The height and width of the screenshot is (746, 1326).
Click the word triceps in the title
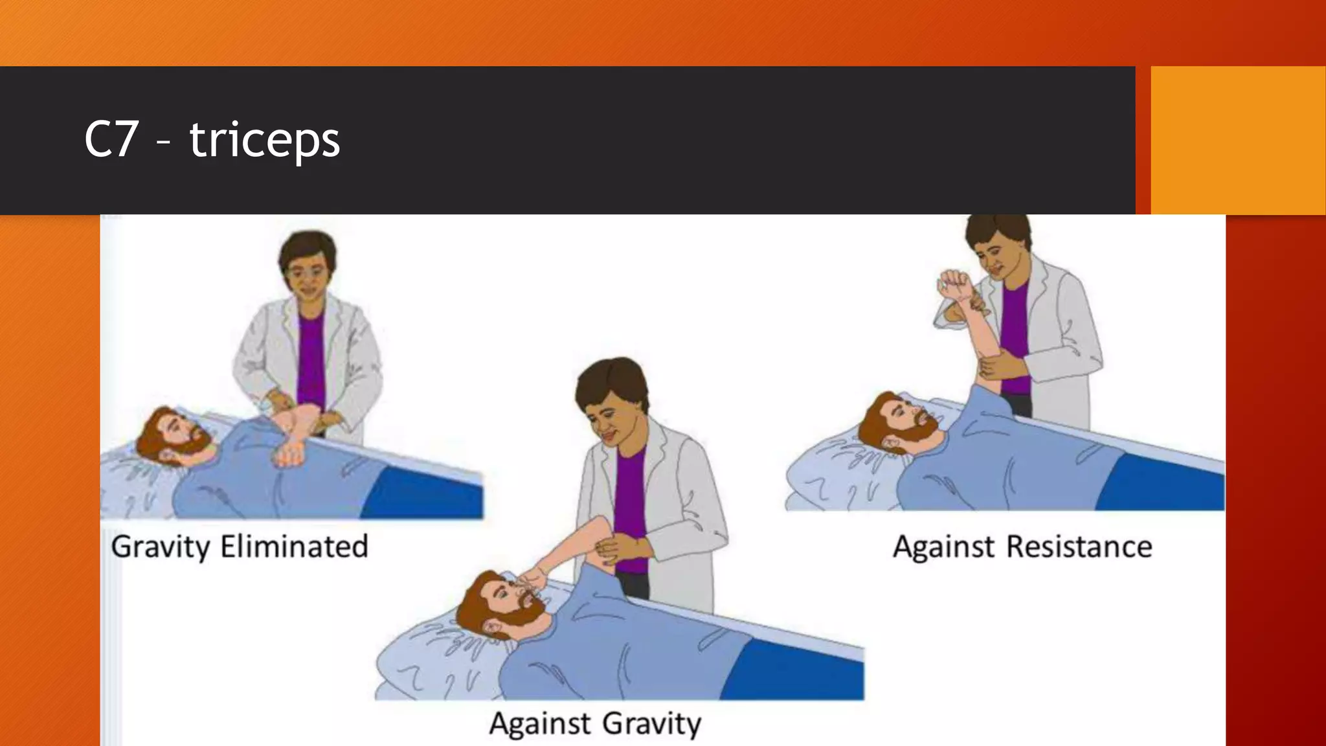point(264,141)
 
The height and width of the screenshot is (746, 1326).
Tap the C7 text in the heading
point(111,140)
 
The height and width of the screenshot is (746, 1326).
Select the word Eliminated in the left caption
point(294,547)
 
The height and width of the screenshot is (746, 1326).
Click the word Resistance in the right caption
point(1079,547)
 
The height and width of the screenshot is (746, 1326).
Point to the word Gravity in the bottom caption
point(651,723)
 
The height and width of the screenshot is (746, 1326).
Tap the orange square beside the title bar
point(1237,140)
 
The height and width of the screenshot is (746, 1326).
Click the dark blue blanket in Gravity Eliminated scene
point(424,492)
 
